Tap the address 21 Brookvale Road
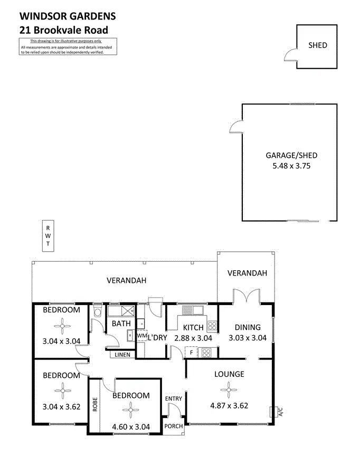[x=63, y=30]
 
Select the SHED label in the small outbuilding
[x=317, y=45]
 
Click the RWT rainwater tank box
[x=48, y=235]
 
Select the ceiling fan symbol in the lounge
[x=229, y=391]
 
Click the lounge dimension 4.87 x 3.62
[x=229, y=406]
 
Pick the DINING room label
[x=248, y=327]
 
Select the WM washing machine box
[x=141, y=336]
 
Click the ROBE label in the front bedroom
[x=95, y=404]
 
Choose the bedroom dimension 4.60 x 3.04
[x=130, y=427]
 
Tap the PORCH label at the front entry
[x=174, y=426]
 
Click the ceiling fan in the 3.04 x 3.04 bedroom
[x=62, y=326]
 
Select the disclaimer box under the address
[x=68, y=47]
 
